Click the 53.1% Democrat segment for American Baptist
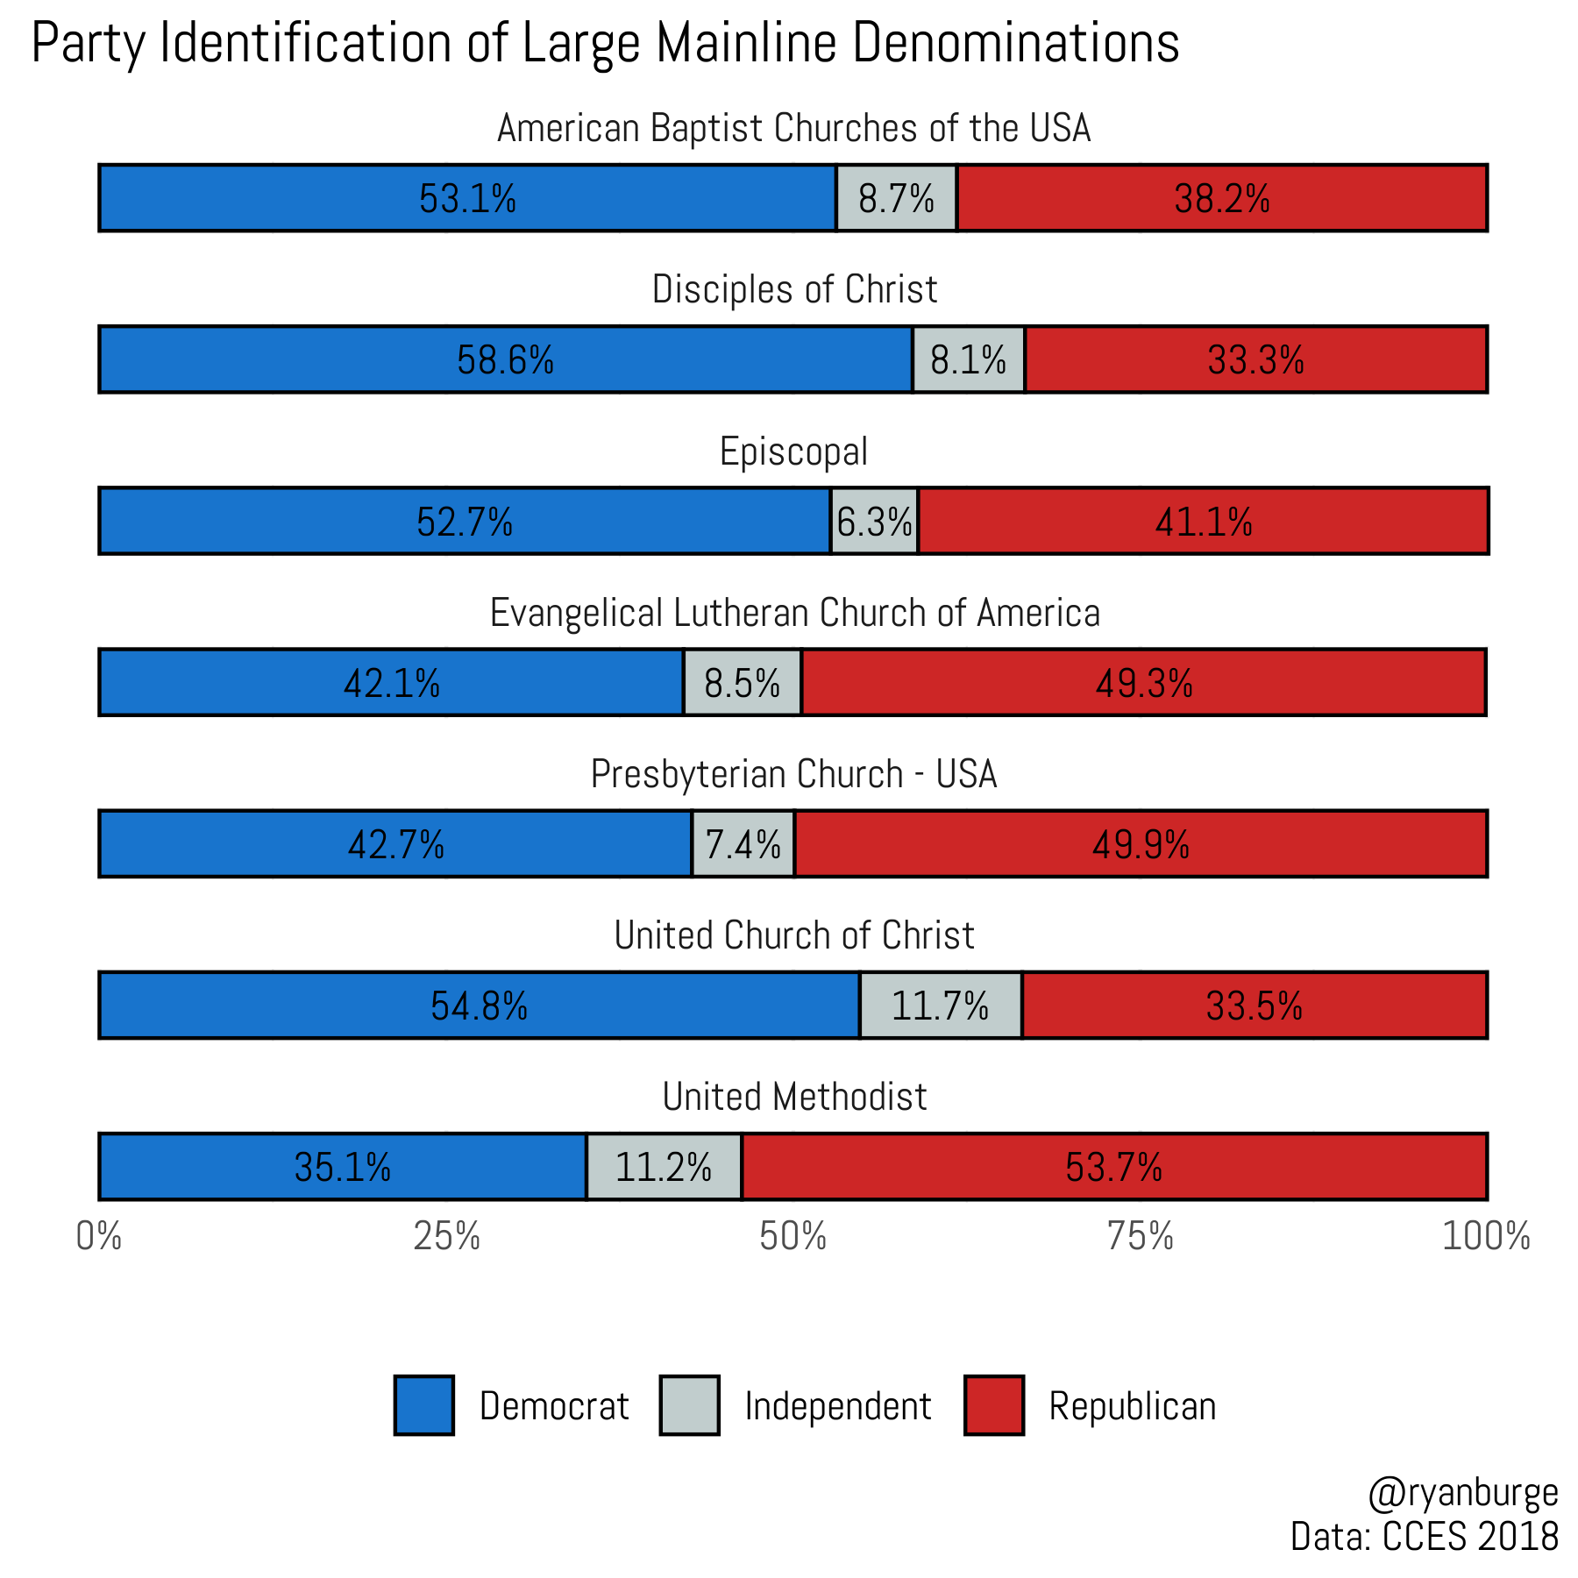click(467, 198)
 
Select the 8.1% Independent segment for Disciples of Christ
click(969, 359)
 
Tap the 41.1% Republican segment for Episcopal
click(1203, 522)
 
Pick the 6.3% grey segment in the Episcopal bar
click(874, 522)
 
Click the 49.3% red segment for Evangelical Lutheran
click(1143, 683)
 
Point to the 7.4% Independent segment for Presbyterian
click(743, 844)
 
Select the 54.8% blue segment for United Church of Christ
click(479, 1006)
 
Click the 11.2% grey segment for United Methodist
click(664, 1167)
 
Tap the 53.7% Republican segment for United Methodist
click(1113, 1167)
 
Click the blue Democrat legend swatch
click(424, 1405)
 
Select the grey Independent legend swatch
click(689, 1405)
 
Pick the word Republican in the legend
click(1133, 1406)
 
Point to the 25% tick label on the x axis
click(446, 1236)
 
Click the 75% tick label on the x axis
click(1140, 1236)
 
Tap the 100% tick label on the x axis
click(1486, 1236)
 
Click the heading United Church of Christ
click(793, 935)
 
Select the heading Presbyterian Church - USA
click(793, 774)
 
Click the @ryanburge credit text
click(1462, 1493)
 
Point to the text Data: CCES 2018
click(1424, 1537)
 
